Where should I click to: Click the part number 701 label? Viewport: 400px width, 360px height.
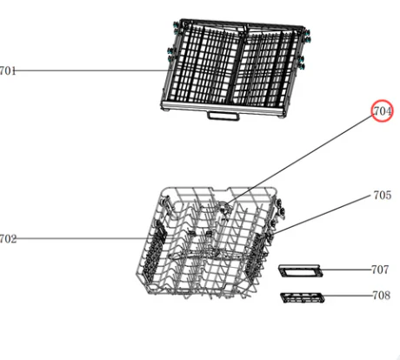[8, 70]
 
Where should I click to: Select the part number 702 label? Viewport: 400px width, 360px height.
[8, 239]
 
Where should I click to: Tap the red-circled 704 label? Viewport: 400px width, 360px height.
[383, 111]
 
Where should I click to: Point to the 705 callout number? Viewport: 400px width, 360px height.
[383, 196]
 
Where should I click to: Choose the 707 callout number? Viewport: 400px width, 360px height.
[380, 270]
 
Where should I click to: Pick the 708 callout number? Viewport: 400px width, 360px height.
[382, 296]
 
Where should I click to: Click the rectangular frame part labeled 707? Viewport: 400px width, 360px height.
[301, 270]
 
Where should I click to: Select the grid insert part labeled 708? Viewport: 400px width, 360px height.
[303, 298]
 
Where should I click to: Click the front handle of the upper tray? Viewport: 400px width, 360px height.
[223, 116]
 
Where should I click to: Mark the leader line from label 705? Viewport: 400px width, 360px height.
[323, 215]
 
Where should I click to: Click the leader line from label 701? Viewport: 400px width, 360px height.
[92, 70]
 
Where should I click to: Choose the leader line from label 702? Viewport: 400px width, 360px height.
[84, 238]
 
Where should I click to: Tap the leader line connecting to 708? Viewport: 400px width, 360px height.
[348, 296]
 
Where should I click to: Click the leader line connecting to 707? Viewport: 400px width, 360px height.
[347, 270]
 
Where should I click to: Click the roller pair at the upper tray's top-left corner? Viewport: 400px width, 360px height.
[176, 27]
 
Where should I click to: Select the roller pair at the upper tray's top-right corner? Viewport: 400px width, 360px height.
[307, 36]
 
